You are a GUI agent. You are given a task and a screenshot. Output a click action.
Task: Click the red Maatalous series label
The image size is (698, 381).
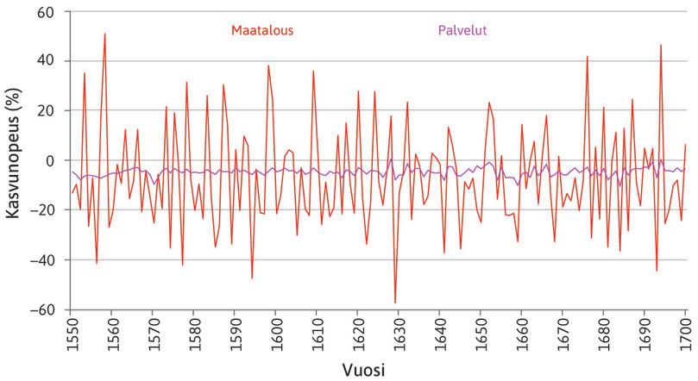tap(262, 30)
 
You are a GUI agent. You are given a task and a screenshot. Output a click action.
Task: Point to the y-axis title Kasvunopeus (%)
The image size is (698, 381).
tap(15, 160)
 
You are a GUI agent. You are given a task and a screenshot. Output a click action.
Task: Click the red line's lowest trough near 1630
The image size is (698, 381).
tap(395, 303)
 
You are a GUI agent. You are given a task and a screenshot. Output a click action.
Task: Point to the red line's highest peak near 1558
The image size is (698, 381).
tap(104, 34)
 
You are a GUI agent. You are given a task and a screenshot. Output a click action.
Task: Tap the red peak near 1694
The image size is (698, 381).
tap(661, 45)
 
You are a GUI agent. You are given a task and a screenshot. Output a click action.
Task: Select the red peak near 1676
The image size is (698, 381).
tap(587, 57)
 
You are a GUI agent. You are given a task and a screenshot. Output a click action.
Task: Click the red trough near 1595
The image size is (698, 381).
tap(252, 278)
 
